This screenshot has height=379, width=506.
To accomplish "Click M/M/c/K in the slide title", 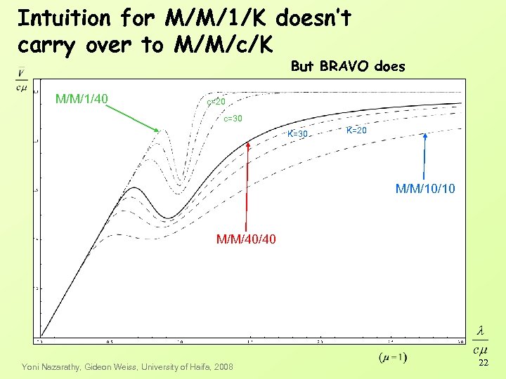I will pyautogui.click(x=226, y=45).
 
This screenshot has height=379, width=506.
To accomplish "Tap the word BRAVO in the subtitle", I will pyautogui.click(x=342, y=67).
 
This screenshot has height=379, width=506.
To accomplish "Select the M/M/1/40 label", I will pyautogui.click(x=82, y=99).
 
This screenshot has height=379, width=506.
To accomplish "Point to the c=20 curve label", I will pyautogui.click(x=216, y=102).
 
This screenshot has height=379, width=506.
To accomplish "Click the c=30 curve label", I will pyautogui.click(x=233, y=119).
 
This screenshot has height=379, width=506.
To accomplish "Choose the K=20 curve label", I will pyautogui.click(x=356, y=131).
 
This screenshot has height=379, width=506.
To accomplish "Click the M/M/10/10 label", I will pyautogui.click(x=425, y=188).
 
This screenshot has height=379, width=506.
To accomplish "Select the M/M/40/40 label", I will pyautogui.click(x=246, y=239).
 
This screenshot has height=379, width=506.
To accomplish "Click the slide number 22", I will pyautogui.click(x=483, y=363).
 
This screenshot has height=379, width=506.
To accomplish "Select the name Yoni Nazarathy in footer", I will pyautogui.click(x=51, y=366).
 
